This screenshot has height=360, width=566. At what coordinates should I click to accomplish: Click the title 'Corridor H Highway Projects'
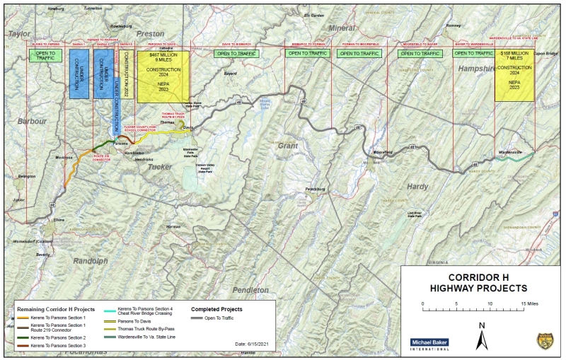pyautogui.click(x=480, y=282)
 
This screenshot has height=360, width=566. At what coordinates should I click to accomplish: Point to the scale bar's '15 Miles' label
pyautogui.click(x=529, y=303)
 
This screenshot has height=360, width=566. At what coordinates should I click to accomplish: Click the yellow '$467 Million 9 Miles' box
pyautogui.click(x=163, y=76)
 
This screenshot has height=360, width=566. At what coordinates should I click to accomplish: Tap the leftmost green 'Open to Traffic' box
pyautogui.click(x=41, y=54)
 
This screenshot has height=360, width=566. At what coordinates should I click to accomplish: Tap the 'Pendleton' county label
pyautogui.click(x=250, y=290)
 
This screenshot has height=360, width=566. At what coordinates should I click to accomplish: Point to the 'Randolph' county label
pyautogui.click(x=91, y=260)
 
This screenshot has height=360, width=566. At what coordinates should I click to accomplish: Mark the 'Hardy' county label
pyautogui.click(x=417, y=186)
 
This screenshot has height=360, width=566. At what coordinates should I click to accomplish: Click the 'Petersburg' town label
pyautogui.click(x=318, y=190)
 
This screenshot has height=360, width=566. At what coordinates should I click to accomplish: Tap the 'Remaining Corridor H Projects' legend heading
pyautogui.click(x=55, y=309)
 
